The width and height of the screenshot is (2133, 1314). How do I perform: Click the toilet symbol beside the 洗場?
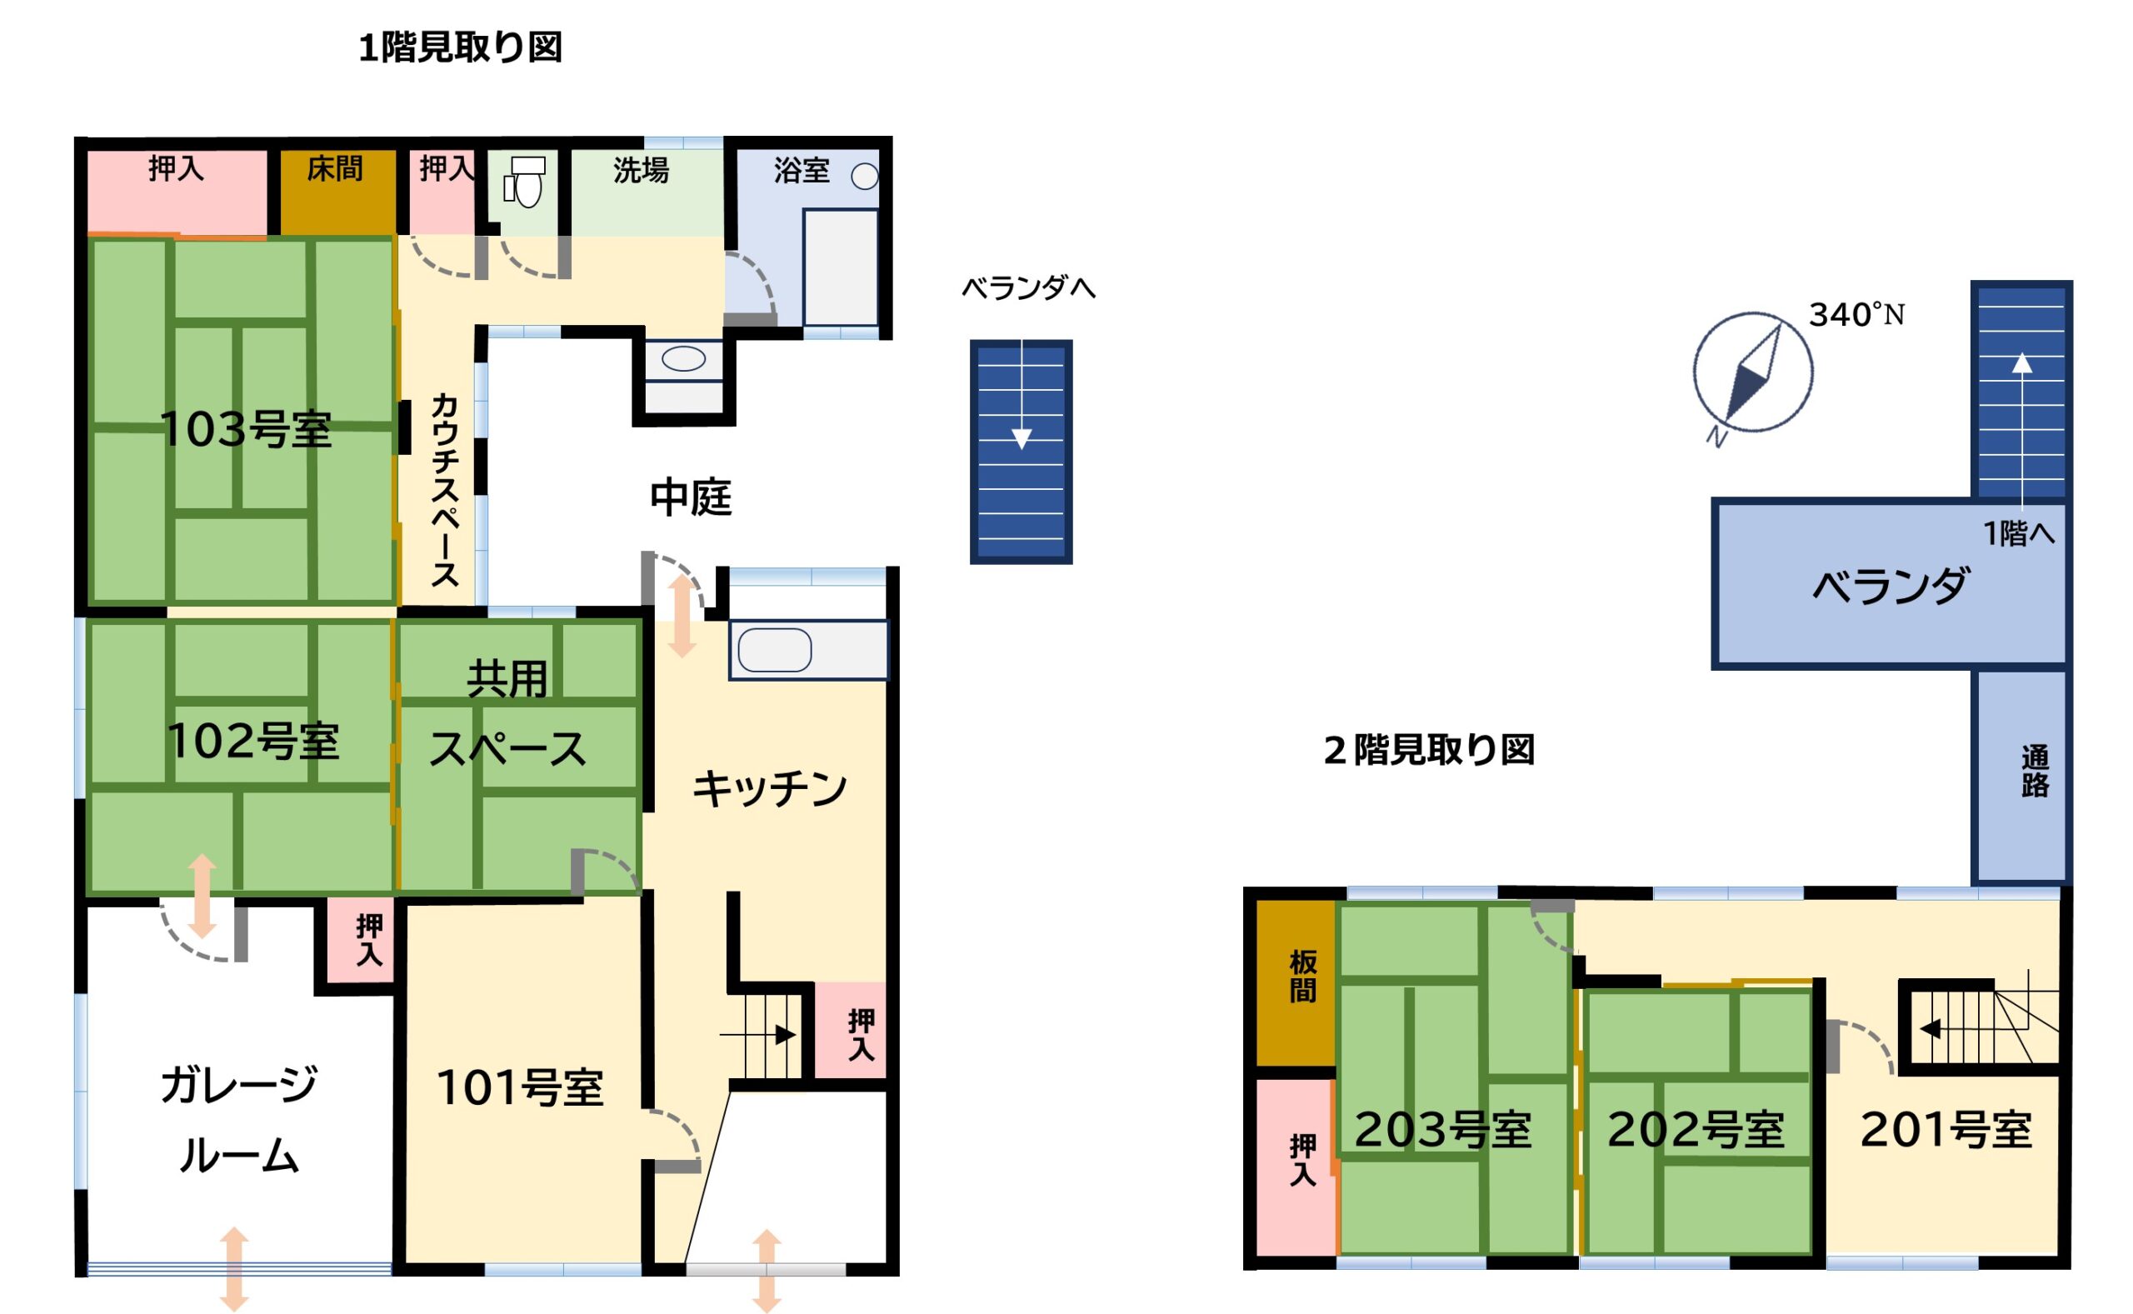pos(524,182)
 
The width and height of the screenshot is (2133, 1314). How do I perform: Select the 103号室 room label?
pos(246,428)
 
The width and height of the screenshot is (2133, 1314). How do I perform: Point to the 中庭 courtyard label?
pos(691,497)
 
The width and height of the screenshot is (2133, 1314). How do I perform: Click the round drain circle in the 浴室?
pos(865,177)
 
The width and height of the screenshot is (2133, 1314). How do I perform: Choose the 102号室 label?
pos(252,741)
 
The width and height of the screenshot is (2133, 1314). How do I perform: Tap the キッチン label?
pos(770,788)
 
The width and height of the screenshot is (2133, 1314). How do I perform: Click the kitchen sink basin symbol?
pos(775,650)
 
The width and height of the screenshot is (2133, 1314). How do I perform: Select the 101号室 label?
pos(520,1087)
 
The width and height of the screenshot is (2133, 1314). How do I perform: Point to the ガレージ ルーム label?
pos(239,1120)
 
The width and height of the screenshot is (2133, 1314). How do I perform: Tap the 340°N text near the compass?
pos(1856,314)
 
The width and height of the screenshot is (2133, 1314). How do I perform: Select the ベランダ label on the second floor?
pos(1891,586)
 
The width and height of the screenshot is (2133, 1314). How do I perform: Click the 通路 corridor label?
pos(2035,771)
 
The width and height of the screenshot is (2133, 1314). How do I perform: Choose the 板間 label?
pos(1302,977)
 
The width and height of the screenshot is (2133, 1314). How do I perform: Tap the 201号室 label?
pos(1946,1130)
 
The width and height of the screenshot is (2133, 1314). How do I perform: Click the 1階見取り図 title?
pos(461,47)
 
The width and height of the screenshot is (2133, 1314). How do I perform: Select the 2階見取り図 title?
pos(1429,749)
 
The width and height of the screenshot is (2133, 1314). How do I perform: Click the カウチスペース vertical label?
pos(444,490)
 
